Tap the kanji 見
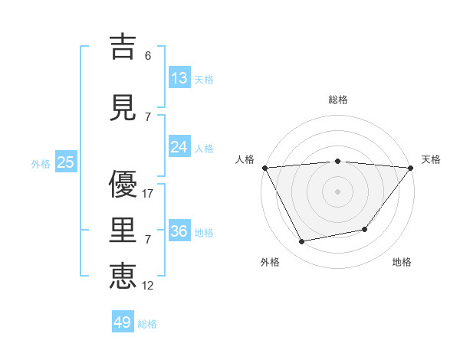tap(123, 107)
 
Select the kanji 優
tap(123, 185)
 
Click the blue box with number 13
tap(179, 77)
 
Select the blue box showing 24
tap(179, 146)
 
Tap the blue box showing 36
tap(179, 231)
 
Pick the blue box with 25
tap(65, 162)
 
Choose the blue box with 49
tap(123, 322)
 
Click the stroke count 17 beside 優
tap(148, 194)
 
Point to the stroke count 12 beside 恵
tap(148, 285)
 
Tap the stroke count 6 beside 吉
tap(147, 55)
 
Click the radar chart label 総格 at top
tap(338, 100)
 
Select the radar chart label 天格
tap(432, 159)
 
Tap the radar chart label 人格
tap(245, 159)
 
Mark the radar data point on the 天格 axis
tap(411, 168)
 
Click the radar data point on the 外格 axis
tap(302, 242)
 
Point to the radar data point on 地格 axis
tap(365, 229)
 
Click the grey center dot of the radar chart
tap(338, 191)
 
